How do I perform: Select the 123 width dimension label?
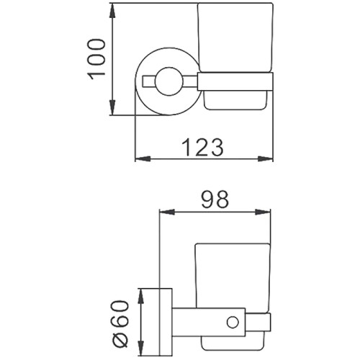(202, 148)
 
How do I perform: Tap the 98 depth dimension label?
(215, 199)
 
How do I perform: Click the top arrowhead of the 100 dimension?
(113, 11)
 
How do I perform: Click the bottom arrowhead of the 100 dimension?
(113, 108)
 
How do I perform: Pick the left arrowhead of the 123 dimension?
(143, 159)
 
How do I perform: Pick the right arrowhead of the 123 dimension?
(266, 159)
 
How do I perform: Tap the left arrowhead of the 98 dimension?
(167, 212)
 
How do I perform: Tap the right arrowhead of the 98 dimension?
(263, 212)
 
